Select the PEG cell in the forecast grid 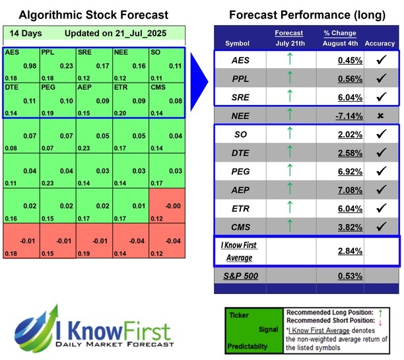pos(57,99)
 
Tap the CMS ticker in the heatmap pos(158,87)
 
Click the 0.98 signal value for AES pos(29,65)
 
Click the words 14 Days pos(24,33)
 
